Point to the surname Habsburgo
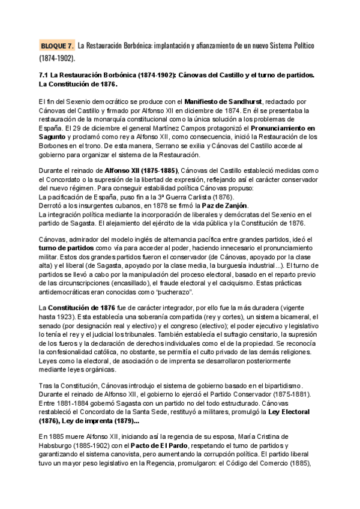click(59, 445)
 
